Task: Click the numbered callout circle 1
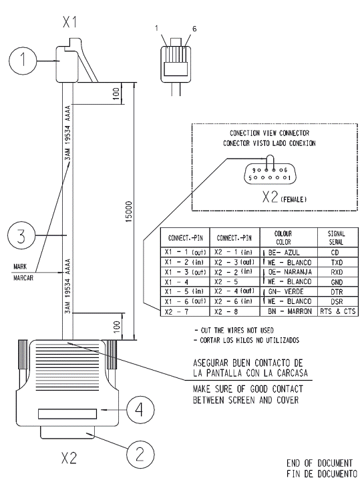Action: [x=23, y=60]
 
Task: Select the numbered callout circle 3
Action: [x=21, y=236]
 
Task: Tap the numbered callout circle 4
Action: [x=140, y=410]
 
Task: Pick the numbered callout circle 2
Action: [x=140, y=455]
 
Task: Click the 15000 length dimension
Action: [x=130, y=211]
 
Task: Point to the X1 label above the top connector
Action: [x=69, y=22]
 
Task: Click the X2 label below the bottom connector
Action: [x=69, y=458]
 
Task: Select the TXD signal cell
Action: [x=338, y=262]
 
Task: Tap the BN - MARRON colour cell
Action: [x=289, y=311]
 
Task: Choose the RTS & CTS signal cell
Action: [x=338, y=311]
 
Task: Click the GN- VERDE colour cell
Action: [x=289, y=292]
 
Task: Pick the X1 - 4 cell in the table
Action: [x=185, y=282]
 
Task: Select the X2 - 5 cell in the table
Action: [x=234, y=282]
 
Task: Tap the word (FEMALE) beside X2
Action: [x=294, y=199]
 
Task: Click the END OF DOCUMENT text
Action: [x=319, y=463]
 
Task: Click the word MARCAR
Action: [x=23, y=278]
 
